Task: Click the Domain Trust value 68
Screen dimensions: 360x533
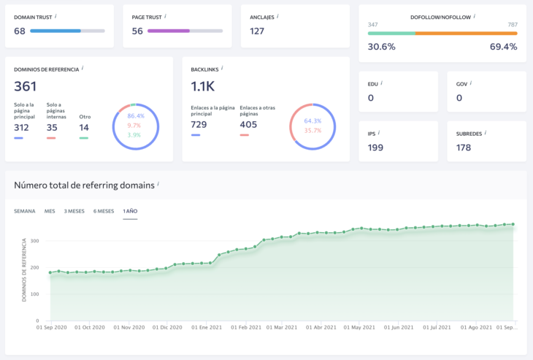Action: click(x=20, y=31)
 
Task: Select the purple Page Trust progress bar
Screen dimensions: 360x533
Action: click(x=169, y=31)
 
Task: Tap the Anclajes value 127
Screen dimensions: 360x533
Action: click(x=257, y=31)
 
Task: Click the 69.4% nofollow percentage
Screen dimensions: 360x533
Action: click(x=503, y=47)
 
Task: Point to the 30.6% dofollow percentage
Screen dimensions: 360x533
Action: click(x=381, y=47)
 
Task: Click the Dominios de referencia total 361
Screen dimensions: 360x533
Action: click(x=26, y=86)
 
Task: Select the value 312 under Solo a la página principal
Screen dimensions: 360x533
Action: click(x=22, y=127)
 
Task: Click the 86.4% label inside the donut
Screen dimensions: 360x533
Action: click(x=136, y=116)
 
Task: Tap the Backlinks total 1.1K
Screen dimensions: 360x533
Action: click(x=203, y=86)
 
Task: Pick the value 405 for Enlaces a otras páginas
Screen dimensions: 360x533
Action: click(x=249, y=125)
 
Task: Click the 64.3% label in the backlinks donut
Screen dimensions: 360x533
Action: click(x=312, y=121)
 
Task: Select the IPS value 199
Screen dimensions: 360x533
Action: click(x=376, y=148)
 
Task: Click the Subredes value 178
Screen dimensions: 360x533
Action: click(x=464, y=148)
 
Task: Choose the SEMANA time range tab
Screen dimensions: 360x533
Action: click(x=25, y=211)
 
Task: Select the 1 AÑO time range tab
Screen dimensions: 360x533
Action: click(x=130, y=211)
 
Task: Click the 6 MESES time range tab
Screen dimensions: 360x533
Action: click(x=104, y=211)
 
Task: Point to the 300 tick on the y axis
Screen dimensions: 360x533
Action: click(x=34, y=241)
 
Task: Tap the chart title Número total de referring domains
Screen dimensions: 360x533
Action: click(x=84, y=185)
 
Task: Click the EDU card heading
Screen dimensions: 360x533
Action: click(x=373, y=83)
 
